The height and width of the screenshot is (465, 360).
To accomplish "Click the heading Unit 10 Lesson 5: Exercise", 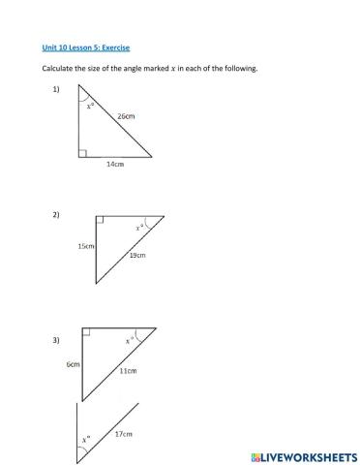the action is [85, 46].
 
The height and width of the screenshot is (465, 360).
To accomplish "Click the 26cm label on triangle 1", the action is [126, 115].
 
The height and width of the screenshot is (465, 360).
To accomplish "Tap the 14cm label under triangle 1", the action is [114, 165].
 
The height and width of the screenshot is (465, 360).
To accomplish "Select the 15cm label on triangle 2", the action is [85, 246].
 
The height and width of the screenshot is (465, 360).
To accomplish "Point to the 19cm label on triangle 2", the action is [137, 255].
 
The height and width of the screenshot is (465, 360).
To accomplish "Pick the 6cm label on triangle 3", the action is [73, 364].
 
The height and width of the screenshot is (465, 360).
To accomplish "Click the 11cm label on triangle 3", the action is [128, 371].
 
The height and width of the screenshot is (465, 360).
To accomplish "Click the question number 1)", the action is [55, 89].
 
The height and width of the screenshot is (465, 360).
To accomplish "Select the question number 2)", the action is [55, 216].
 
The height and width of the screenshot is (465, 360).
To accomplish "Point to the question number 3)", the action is [55, 340].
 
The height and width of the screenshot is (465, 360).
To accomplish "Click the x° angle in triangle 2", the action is [140, 227].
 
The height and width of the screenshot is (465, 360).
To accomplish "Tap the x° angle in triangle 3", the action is [129, 340].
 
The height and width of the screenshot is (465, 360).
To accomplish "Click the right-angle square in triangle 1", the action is [84, 153].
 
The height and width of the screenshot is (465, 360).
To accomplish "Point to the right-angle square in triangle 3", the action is [86, 332].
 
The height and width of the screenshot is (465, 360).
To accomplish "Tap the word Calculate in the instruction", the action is [58, 69].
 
